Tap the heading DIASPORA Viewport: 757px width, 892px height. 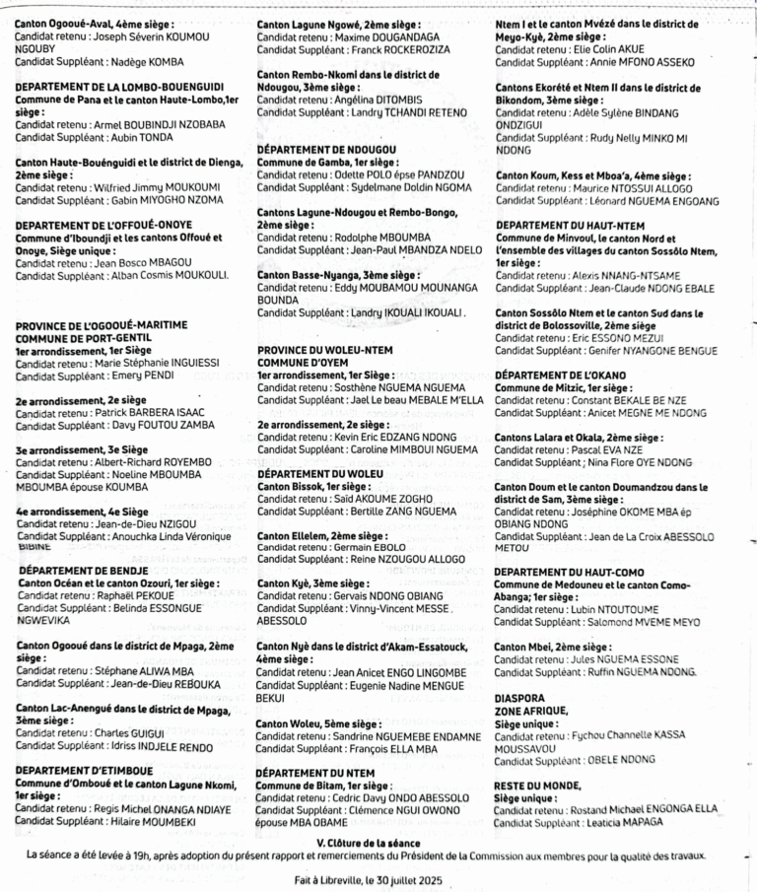(x=523, y=695)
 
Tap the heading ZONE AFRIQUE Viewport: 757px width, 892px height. (x=531, y=710)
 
